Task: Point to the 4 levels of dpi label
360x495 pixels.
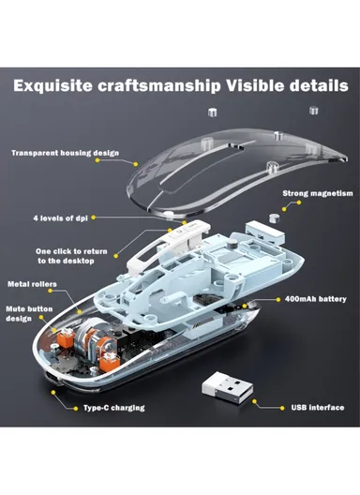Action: click(60, 218)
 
